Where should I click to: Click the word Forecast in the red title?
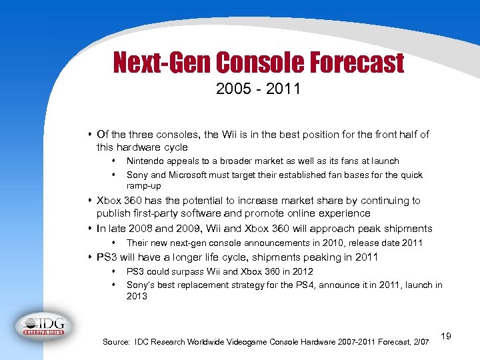[x=357, y=63]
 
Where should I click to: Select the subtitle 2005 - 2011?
[x=257, y=89]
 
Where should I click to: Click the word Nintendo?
[x=146, y=161]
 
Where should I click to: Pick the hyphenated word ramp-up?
[x=144, y=186]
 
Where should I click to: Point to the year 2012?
[x=301, y=271]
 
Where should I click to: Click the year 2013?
[x=137, y=296]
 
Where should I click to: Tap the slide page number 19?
[x=445, y=337]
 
